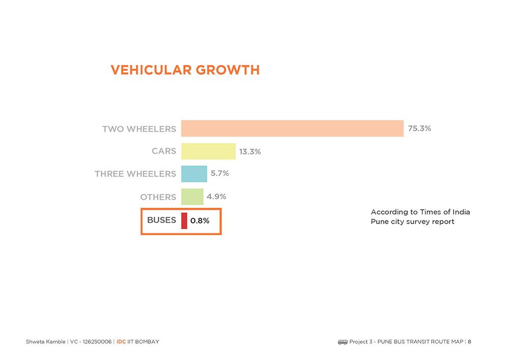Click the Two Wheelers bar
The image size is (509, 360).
[x=292, y=128]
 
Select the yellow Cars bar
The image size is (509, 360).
[x=208, y=151]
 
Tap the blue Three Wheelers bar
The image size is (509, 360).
[x=194, y=174]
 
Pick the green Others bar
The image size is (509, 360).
[x=192, y=197]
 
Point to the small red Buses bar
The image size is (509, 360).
[x=184, y=220]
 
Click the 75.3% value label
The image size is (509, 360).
[x=419, y=128]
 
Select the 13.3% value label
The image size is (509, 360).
[x=250, y=152]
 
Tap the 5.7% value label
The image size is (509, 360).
[x=220, y=173]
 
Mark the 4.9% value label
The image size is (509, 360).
[x=216, y=196]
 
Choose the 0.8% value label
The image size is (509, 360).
[x=200, y=221]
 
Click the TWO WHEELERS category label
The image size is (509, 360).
[x=139, y=129]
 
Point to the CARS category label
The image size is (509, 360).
[x=163, y=151]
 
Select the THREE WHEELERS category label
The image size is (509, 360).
[x=135, y=174]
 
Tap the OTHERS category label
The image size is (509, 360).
[x=158, y=197]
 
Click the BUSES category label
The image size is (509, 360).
[x=161, y=220]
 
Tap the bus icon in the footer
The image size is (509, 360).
[x=343, y=342]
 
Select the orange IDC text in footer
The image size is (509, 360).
[x=121, y=342]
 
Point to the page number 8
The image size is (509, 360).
[x=469, y=342]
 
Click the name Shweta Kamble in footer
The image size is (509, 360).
[x=45, y=342]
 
